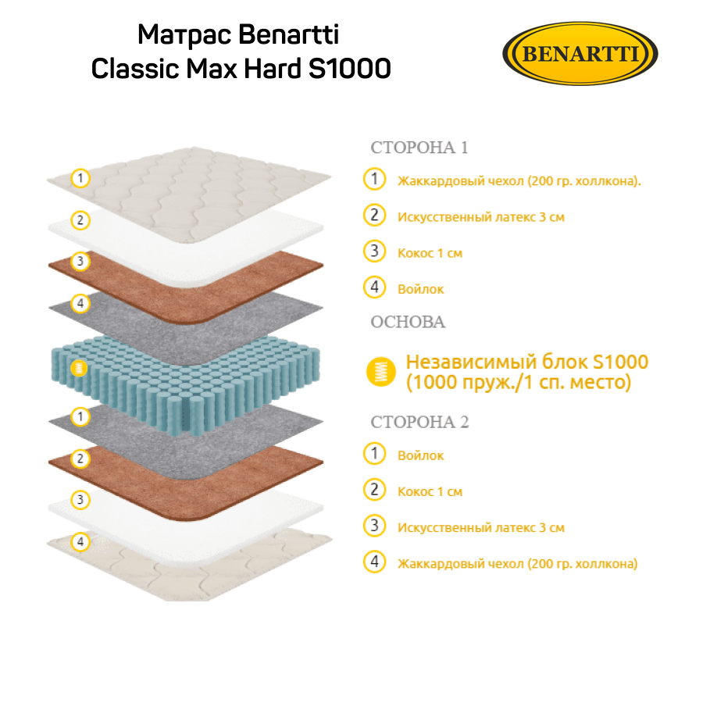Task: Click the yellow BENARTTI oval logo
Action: (580, 53)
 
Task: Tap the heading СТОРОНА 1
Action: (419, 148)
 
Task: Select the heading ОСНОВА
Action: (408, 322)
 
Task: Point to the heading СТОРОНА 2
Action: (419, 422)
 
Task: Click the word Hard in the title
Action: (272, 69)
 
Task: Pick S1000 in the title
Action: (350, 69)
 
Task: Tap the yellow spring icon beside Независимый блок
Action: (381, 372)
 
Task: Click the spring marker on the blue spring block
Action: (79, 369)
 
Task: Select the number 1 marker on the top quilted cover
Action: (80, 178)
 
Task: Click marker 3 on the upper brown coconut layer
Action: (80, 261)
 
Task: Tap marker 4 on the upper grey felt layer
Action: (80, 304)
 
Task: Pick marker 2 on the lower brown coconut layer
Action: (80, 459)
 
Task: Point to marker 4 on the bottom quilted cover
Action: (80, 541)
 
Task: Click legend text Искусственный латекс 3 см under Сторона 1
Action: (481, 217)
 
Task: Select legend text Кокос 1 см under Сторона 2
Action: (430, 491)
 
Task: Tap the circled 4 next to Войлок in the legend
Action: (374, 287)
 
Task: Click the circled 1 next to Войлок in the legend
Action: (374, 453)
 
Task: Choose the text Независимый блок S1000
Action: (527, 362)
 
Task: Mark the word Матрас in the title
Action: (184, 35)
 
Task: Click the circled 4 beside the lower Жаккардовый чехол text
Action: (374, 562)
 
